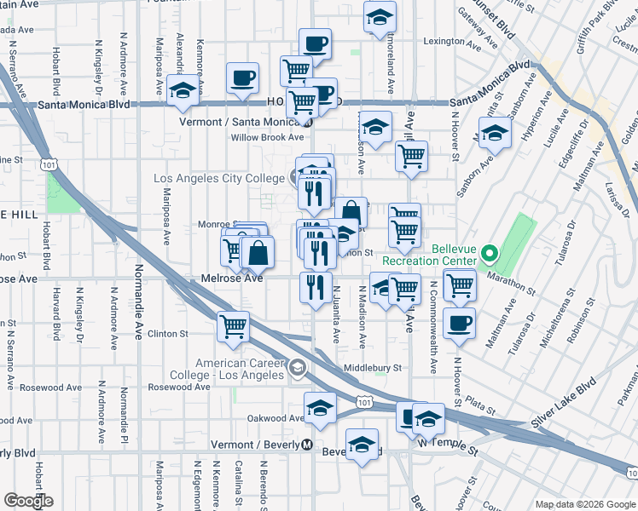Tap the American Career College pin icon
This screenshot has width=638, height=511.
tap(297, 368)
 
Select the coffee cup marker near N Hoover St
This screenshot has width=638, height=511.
tap(460, 324)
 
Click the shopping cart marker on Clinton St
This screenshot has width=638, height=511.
tap(233, 326)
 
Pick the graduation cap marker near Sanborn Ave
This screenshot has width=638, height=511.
tap(495, 133)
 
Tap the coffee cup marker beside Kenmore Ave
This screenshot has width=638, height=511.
tap(242, 78)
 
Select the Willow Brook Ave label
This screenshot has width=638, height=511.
tap(267, 137)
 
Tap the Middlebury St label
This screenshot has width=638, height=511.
tap(371, 368)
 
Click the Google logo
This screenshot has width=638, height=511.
tap(29, 500)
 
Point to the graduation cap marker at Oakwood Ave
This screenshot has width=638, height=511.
tap(320, 409)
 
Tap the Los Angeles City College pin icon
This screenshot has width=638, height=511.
tap(294, 178)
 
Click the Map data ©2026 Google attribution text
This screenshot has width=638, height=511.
tap(585, 504)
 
